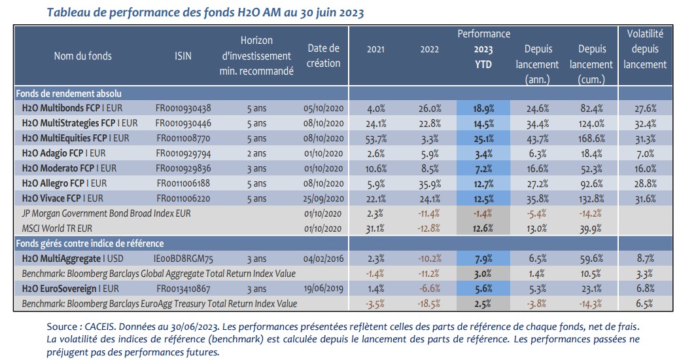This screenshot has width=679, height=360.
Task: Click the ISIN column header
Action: pyautogui.click(x=183, y=56)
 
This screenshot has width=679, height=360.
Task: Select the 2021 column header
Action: pyautogui.click(x=375, y=50)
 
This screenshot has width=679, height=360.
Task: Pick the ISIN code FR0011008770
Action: pyautogui.click(x=183, y=137)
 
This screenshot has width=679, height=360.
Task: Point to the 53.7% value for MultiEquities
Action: pyautogui.click(x=375, y=137)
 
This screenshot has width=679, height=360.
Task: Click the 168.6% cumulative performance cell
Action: pyautogui.click(x=591, y=137)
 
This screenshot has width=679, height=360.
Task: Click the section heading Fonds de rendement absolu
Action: pyautogui.click(x=68, y=94)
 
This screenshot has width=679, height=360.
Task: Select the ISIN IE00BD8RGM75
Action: pyautogui.click(x=184, y=259)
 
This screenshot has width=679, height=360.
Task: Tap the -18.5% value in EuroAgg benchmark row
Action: pyautogui.click(x=429, y=303)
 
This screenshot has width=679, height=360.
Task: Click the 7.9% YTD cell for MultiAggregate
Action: pyautogui.click(x=483, y=259)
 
